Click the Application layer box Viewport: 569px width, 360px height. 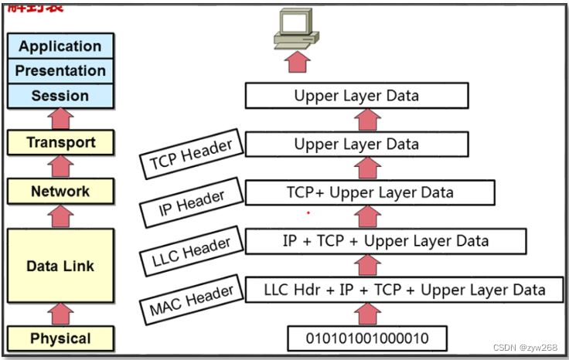tap(60, 46)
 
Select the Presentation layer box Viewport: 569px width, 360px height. tap(60, 71)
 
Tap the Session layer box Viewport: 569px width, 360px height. tap(60, 96)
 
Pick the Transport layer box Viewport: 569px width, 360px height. tap(60, 142)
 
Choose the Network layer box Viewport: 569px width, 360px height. tap(60, 192)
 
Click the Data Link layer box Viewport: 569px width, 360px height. tap(60, 266)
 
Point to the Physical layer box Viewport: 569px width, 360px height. tap(60, 338)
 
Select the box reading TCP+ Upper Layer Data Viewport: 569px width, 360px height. tap(369, 192)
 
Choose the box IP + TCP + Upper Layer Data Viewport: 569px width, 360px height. tap(385, 241)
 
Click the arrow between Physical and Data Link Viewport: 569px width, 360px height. tap(60, 314)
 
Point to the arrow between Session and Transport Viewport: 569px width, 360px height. tap(60, 118)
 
